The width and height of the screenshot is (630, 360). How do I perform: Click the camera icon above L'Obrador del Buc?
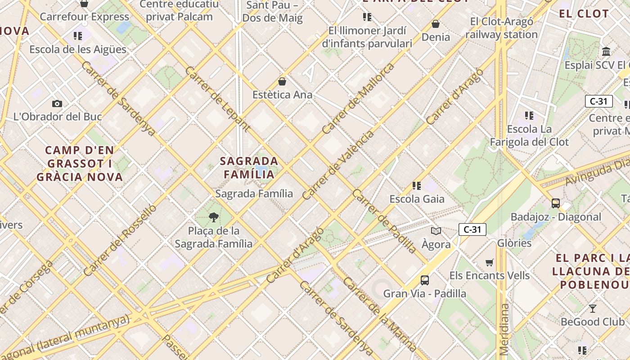coord(57,104)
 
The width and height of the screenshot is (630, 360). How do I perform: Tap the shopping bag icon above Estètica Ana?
coord(282,81)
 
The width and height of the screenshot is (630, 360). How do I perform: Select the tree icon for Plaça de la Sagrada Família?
coord(214,218)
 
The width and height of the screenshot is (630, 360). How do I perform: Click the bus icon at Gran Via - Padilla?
coord(424,280)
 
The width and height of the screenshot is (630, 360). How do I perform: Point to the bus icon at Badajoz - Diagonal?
coord(556,203)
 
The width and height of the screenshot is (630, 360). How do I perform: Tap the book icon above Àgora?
coord(436,231)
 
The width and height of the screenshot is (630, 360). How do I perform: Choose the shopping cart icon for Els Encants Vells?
coord(490,262)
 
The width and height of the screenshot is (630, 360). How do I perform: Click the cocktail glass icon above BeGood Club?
coord(593,309)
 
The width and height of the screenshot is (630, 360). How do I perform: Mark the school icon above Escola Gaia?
coord(417,185)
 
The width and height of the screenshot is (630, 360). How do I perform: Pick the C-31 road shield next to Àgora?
coord(472,229)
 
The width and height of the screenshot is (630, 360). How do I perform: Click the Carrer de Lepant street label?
coord(217,99)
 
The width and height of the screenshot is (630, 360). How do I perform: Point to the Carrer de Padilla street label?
coord(385,220)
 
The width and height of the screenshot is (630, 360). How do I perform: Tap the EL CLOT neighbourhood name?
coord(584,13)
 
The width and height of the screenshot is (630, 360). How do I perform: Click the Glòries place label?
coord(514,243)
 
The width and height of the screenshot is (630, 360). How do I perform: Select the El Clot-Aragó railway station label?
coord(501,28)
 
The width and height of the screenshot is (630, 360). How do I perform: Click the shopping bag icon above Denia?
coord(436,24)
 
